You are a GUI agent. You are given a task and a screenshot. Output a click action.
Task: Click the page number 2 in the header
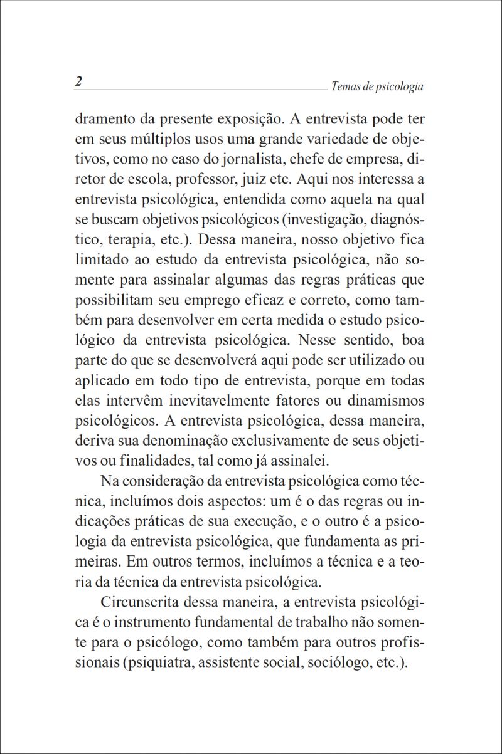(78, 82)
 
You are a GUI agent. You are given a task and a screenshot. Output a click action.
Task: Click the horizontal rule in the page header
(201, 90)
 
